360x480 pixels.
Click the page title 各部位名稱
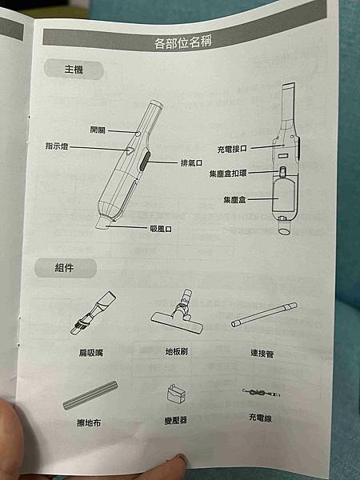[x=182, y=42]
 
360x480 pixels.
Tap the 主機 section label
[x=74, y=70]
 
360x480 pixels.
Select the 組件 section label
[x=64, y=268]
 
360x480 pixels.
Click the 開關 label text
[x=98, y=130]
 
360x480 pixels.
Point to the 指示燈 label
[x=57, y=146]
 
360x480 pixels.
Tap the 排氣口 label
[x=191, y=162]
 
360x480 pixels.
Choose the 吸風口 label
[x=161, y=229]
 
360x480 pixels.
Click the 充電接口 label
[x=232, y=149]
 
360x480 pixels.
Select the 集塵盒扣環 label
[x=228, y=174]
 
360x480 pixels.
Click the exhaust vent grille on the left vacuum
[x=144, y=162]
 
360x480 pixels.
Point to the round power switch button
[x=138, y=134]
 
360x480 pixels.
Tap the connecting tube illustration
[x=264, y=314]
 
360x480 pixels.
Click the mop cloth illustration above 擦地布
[x=90, y=395]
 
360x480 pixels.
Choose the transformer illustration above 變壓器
[x=176, y=394]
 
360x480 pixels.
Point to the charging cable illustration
[x=261, y=393]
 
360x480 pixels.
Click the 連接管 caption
[x=262, y=354]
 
